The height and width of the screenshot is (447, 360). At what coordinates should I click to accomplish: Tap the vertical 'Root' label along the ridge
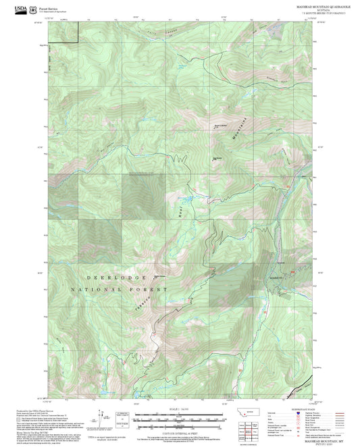point(180,211)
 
